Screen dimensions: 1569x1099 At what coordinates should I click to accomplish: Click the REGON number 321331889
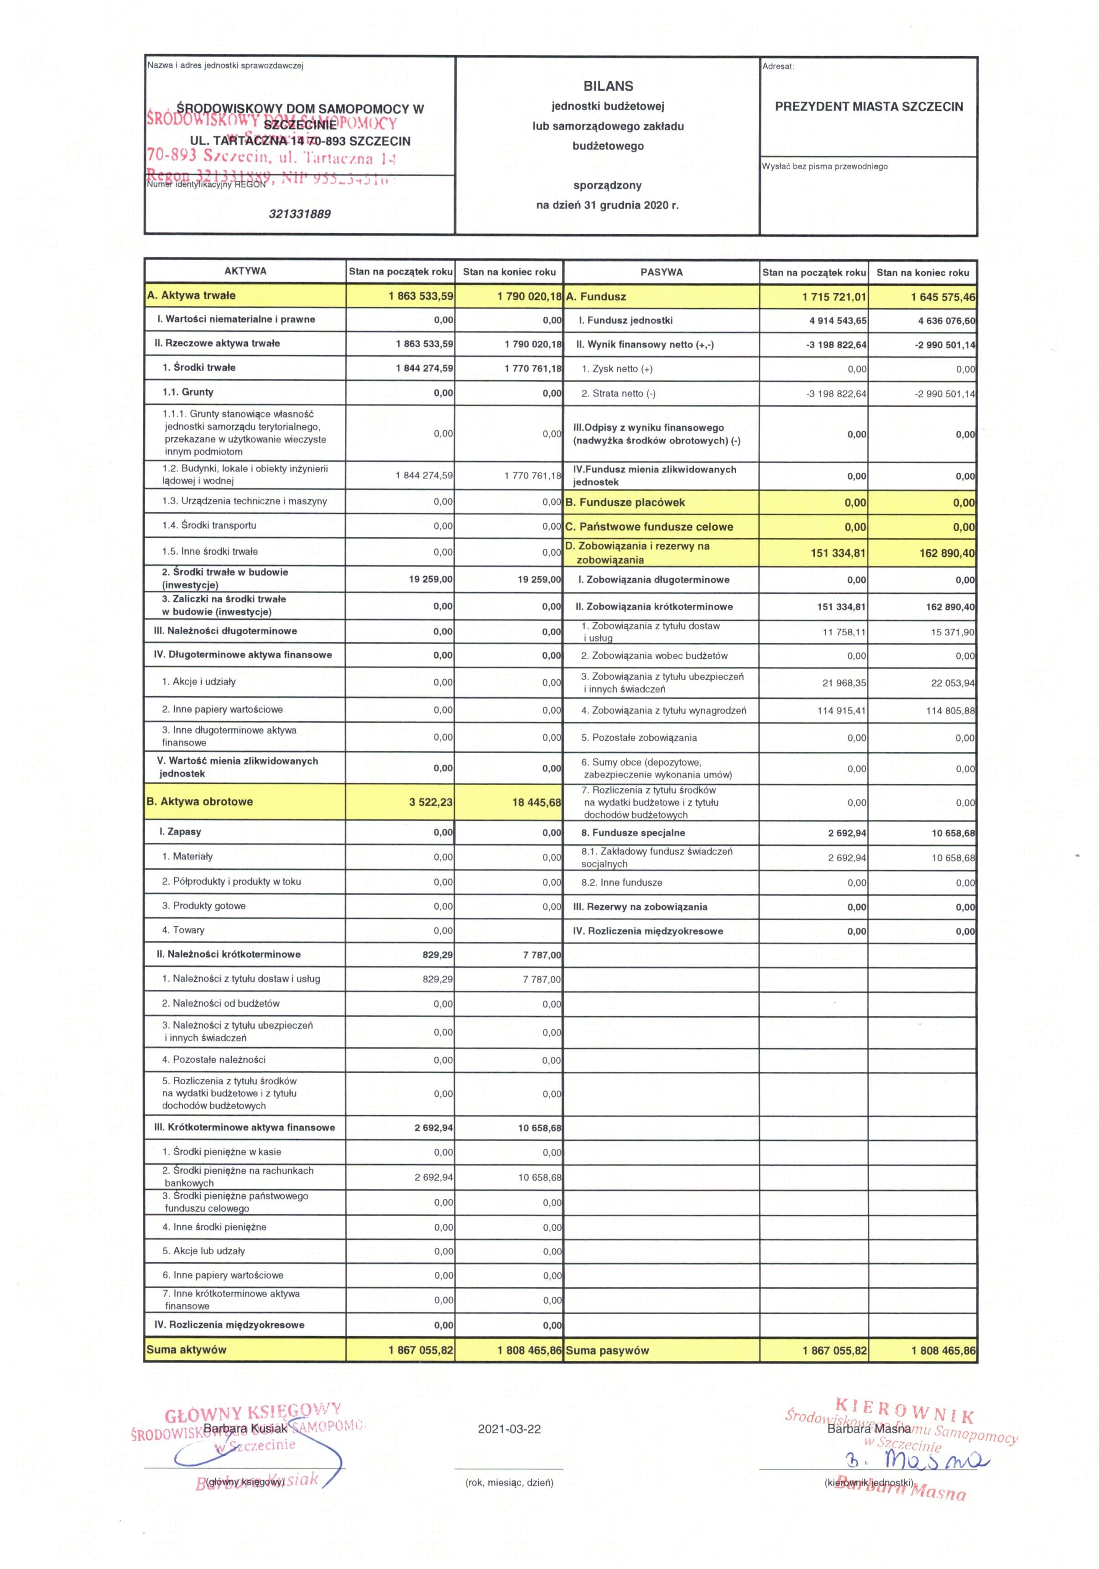tap(299, 214)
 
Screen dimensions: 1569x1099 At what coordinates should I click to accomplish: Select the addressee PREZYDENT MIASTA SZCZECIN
tap(868, 107)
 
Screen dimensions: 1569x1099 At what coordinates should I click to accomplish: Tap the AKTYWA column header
tap(245, 271)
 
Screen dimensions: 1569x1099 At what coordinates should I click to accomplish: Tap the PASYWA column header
tap(661, 272)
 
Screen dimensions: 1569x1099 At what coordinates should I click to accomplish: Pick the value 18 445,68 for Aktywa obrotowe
tap(536, 802)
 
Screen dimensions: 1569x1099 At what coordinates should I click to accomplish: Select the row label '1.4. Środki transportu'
tap(209, 525)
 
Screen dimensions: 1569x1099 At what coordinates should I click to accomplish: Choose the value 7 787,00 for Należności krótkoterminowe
tap(542, 955)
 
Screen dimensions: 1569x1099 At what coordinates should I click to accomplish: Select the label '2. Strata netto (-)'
tap(618, 394)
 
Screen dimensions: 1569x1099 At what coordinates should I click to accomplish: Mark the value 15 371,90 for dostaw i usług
tap(952, 632)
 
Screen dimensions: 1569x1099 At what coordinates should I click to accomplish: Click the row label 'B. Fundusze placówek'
tap(625, 502)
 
